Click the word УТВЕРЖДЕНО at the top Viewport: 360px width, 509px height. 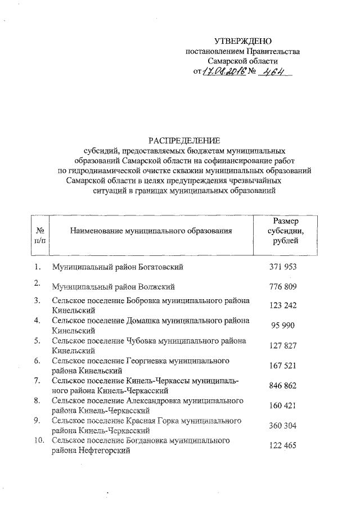pyautogui.click(x=243, y=41)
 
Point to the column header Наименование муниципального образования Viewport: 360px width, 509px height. pyautogui.click(x=151, y=231)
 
